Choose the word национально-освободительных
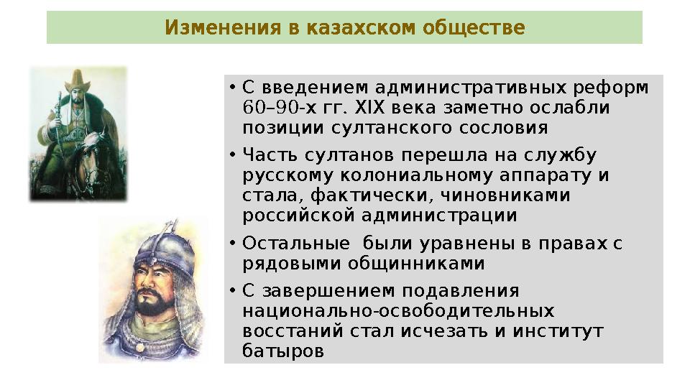398,311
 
